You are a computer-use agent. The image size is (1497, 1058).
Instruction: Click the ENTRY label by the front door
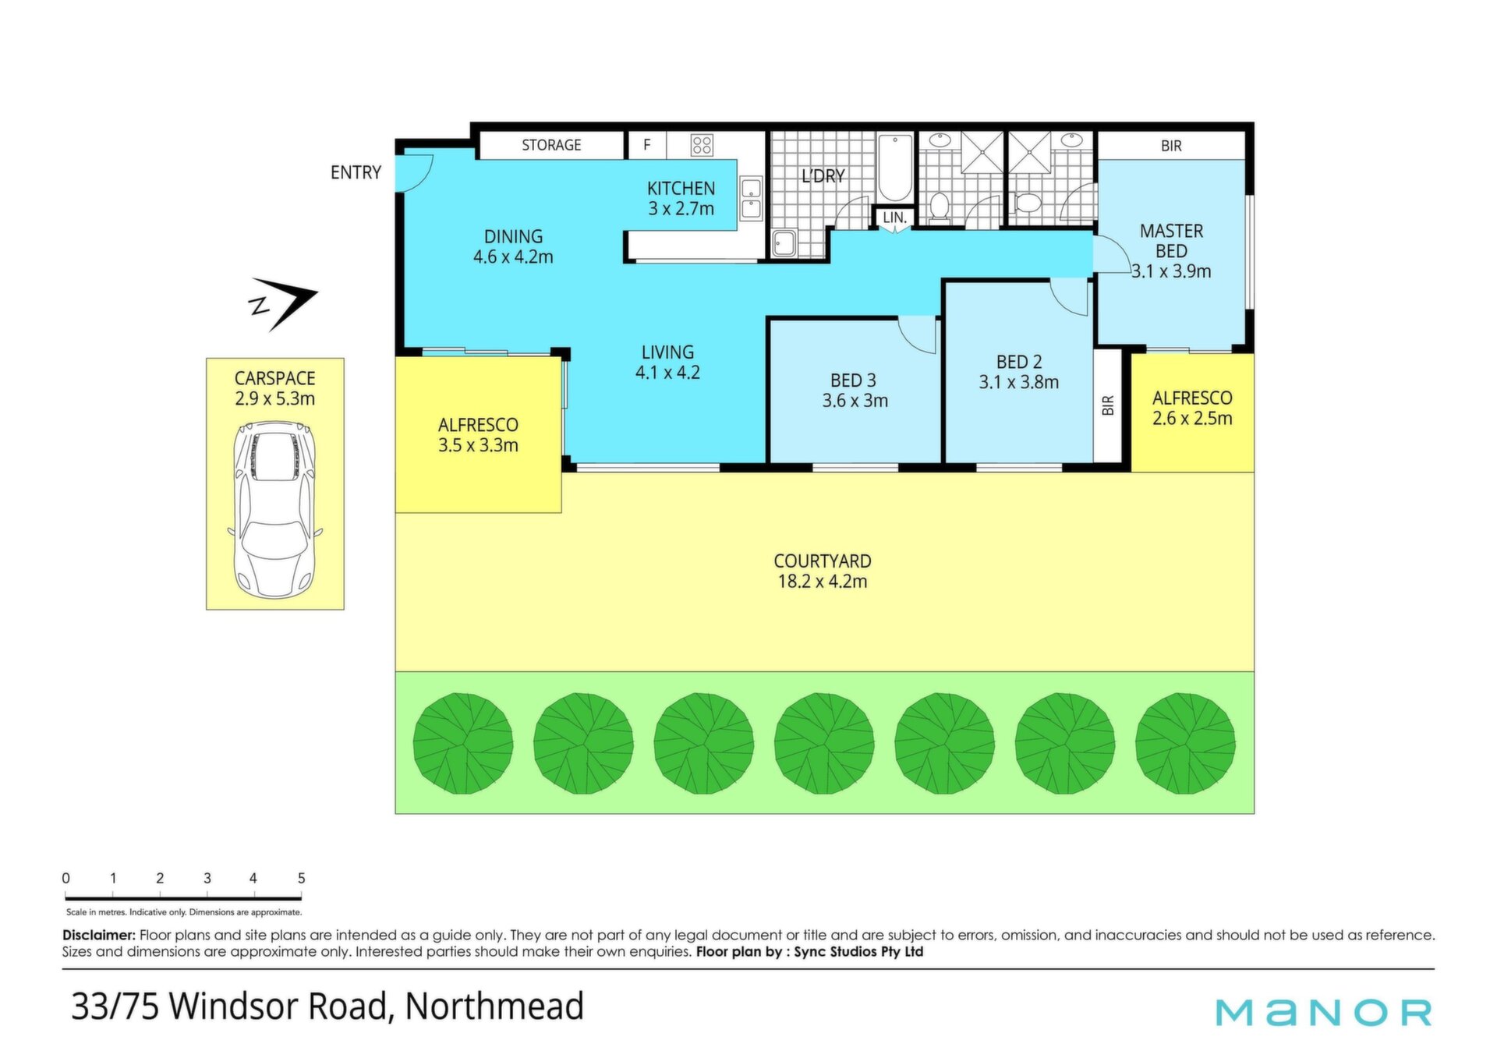(356, 172)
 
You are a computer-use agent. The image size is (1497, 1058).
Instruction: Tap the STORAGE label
(551, 145)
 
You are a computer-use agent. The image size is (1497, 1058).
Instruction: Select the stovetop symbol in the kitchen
(702, 145)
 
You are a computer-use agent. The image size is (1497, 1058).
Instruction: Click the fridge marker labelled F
(646, 144)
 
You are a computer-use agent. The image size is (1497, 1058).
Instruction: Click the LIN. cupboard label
(894, 218)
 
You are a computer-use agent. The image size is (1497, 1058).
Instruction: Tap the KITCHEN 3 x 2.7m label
(681, 198)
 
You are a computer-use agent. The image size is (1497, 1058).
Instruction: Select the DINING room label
(513, 236)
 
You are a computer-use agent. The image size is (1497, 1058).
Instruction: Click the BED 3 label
(853, 380)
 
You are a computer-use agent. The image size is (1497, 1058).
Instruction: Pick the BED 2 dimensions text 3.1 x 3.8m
(1019, 382)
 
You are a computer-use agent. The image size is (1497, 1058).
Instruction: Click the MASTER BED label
(1171, 241)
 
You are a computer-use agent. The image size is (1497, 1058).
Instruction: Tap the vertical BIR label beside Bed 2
(1108, 405)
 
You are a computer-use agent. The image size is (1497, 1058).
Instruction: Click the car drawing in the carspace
(275, 511)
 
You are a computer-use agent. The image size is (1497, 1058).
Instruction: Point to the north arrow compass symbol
(284, 303)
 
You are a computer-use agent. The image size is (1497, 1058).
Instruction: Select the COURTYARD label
(823, 561)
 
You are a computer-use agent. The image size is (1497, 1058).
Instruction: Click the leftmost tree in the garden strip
(463, 744)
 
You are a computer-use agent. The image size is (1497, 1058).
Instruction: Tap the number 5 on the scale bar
(301, 878)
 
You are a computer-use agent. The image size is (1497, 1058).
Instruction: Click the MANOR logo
(1324, 1012)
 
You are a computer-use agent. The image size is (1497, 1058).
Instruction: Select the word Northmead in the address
(494, 1006)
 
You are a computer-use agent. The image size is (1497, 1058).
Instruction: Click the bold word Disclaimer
(99, 935)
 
